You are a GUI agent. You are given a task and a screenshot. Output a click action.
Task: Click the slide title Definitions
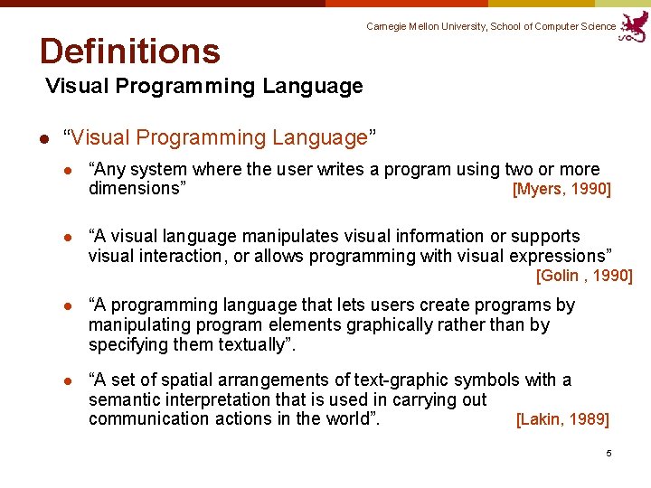[x=129, y=52]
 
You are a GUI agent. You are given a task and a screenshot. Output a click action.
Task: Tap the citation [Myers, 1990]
[x=561, y=189]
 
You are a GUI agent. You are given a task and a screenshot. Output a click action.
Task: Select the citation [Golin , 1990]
[x=584, y=276]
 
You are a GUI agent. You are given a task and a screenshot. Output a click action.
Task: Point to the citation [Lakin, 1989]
[x=562, y=419]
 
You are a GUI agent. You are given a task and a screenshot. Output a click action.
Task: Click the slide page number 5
[x=609, y=453]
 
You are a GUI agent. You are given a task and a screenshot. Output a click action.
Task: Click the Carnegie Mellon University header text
[x=491, y=27]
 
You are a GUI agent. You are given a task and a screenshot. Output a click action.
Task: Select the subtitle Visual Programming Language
[x=203, y=87]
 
